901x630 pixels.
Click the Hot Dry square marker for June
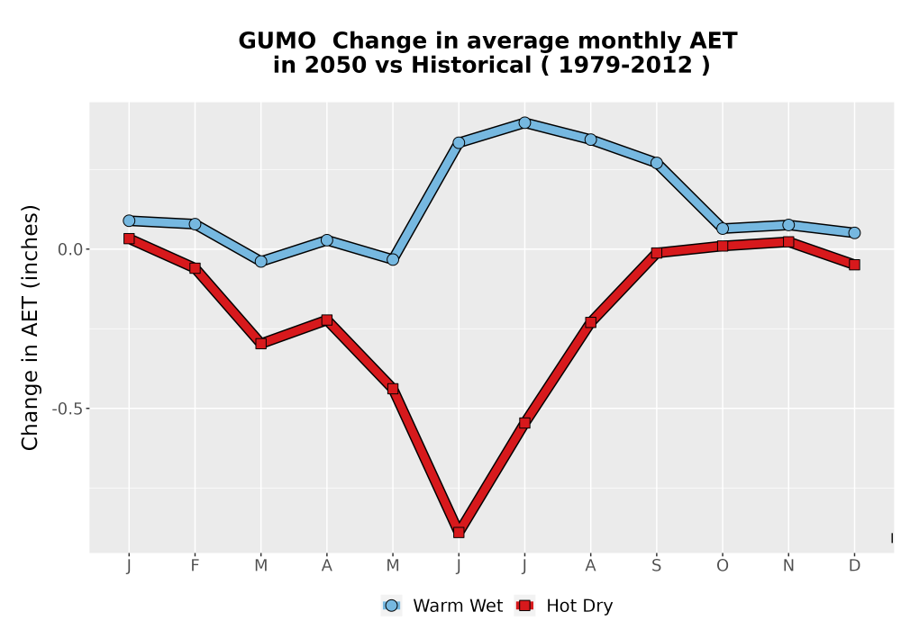(x=459, y=533)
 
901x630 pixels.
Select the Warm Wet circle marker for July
(x=524, y=122)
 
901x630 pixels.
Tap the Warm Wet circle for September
(x=656, y=163)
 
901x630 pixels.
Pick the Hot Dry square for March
(x=261, y=344)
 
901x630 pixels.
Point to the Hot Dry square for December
(x=854, y=265)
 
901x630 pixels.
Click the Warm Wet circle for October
(x=723, y=229)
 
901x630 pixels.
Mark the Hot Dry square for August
(x=591, y=322)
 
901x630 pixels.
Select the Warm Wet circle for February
(x=195, y=224)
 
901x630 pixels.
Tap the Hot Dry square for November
(x=788, y=242)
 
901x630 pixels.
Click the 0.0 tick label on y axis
(x=70, y=249)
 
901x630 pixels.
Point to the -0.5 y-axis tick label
(x=68, y=409)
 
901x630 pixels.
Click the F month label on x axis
(x=195, y=566)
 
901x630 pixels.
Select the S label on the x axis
(x=656, y=566)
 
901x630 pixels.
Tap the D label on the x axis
(x=854, y=566)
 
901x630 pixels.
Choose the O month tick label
(x=723, y=566)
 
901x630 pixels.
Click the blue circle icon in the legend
(x=391, y=606)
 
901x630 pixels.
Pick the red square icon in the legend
(x=524, y=606)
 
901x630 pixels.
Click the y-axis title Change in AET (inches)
(x=30, y=328)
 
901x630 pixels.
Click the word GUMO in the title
(x=277, y=40)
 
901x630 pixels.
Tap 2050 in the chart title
(x=335, y=65)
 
